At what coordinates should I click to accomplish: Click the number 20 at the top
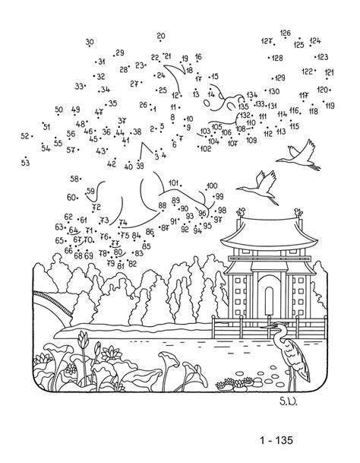tap(161, 36)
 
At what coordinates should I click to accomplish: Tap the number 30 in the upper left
tap(90, 42)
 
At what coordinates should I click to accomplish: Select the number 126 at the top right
tap(285, 33)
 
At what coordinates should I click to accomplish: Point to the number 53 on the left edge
tap(25, 162)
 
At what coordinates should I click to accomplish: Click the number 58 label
tap(75, 179)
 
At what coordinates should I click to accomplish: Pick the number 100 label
tap(211, 185)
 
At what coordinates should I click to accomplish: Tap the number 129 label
tap(280, 78)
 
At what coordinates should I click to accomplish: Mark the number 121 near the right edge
tap(330, 72)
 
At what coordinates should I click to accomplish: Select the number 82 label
tap(132, 264)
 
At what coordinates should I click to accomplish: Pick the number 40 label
tap(128, 166)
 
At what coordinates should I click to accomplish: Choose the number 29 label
tap(120, 52)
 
